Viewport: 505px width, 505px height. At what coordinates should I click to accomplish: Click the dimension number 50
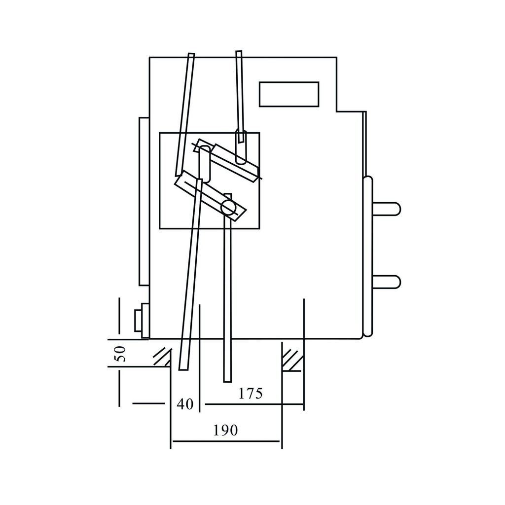point(120,354)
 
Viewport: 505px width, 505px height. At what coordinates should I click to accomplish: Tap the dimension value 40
point(185,404)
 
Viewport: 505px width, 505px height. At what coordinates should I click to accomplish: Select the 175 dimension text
point(251,393)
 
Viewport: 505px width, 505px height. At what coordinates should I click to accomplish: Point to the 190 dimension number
point(225,430)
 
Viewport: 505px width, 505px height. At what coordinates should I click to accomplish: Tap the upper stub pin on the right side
point(386,209)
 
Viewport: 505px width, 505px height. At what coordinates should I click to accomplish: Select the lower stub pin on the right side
point(386,282)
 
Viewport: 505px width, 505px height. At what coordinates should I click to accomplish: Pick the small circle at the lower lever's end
point(228,207)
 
